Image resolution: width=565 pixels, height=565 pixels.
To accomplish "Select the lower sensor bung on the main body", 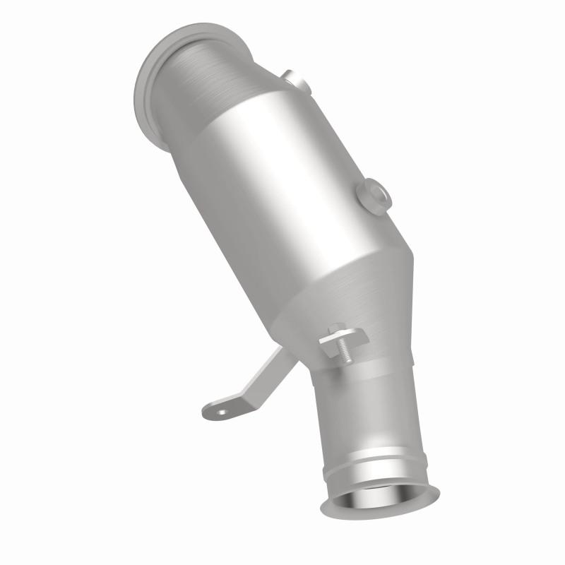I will pos(371,195).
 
